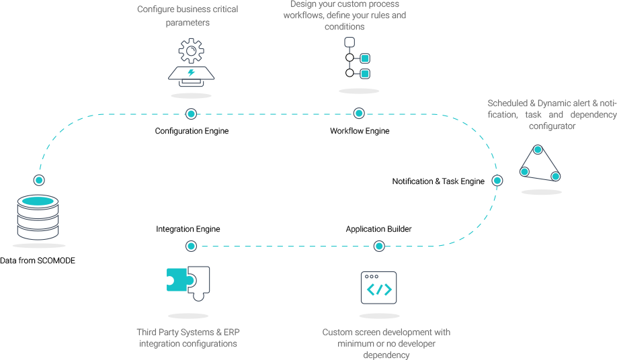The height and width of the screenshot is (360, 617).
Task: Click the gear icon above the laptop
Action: point(192,51)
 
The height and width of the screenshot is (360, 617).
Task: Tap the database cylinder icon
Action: point(38,217)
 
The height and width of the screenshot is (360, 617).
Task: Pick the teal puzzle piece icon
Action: point(179,279)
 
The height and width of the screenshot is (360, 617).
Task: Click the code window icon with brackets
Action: point(379,288)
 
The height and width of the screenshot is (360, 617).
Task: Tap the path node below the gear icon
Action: point(191,114)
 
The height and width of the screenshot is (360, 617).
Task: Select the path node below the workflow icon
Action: point(359,113)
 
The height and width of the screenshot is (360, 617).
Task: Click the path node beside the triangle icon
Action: point(497,180)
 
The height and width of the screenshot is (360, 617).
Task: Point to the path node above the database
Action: point(39,180)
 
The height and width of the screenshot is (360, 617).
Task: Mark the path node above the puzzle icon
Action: point(191,246)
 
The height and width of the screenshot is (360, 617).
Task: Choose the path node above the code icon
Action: point(379,246)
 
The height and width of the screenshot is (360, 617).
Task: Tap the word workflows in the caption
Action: point(303,15)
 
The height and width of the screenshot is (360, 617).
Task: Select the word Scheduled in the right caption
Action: point(507,103)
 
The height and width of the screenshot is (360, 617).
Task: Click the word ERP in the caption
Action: point(231,332)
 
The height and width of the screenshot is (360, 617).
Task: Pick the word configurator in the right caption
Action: point(552,126)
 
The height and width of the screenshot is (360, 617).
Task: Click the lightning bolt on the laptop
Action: point(192,73)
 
